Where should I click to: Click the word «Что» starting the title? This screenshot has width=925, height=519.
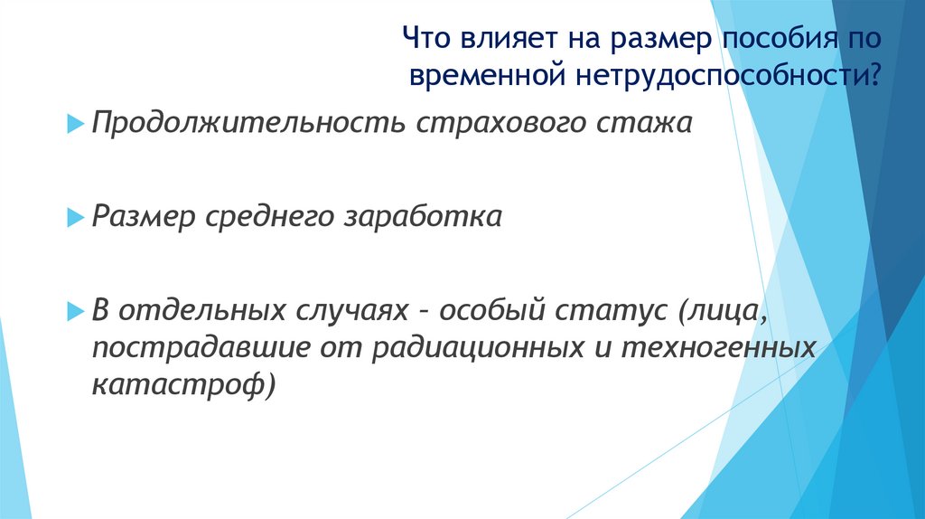tap(426, 39)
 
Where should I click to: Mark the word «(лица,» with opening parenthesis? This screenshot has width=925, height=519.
tap(719, 312)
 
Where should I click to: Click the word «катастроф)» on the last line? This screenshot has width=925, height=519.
tap(183, 384)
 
